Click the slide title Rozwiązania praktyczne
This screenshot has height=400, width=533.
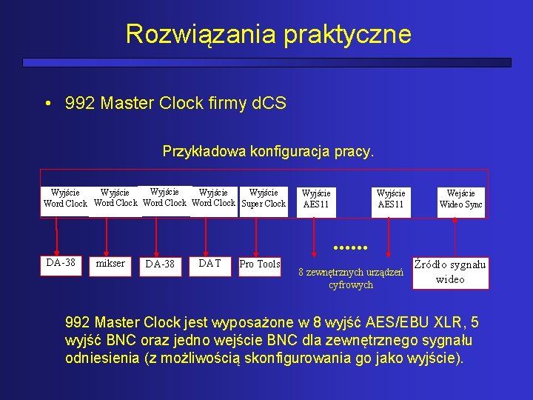click(x=268, y=34)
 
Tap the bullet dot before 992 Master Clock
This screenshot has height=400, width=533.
click(x=47, y=104)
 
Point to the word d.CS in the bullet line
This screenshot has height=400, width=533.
click(x=268, y=103)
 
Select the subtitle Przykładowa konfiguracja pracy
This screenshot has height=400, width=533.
click(x=268, y=153)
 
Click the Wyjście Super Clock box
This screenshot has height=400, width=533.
click(x=264, y=199)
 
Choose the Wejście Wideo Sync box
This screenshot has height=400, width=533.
click(x=460, y=199)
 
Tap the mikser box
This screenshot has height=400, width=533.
click(x=110, y=263)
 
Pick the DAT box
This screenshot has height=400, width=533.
click(x=210, y=263)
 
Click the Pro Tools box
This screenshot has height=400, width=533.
click(x=259, y=264)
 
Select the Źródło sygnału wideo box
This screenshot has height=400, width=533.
click(x=450, y=271)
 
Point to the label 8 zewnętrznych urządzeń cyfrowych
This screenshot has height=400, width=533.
click(x=350, y=279)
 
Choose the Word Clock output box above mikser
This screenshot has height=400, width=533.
click(x=115, y=199)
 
